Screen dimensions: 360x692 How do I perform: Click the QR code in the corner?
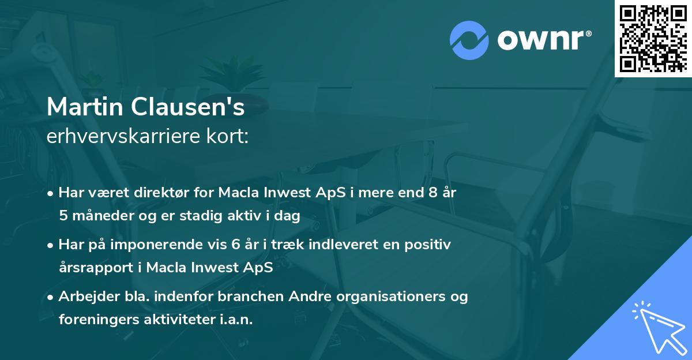point(653,38)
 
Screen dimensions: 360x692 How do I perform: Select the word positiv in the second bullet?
point(429,245)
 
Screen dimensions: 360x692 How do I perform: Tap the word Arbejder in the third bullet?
point(85,297)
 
